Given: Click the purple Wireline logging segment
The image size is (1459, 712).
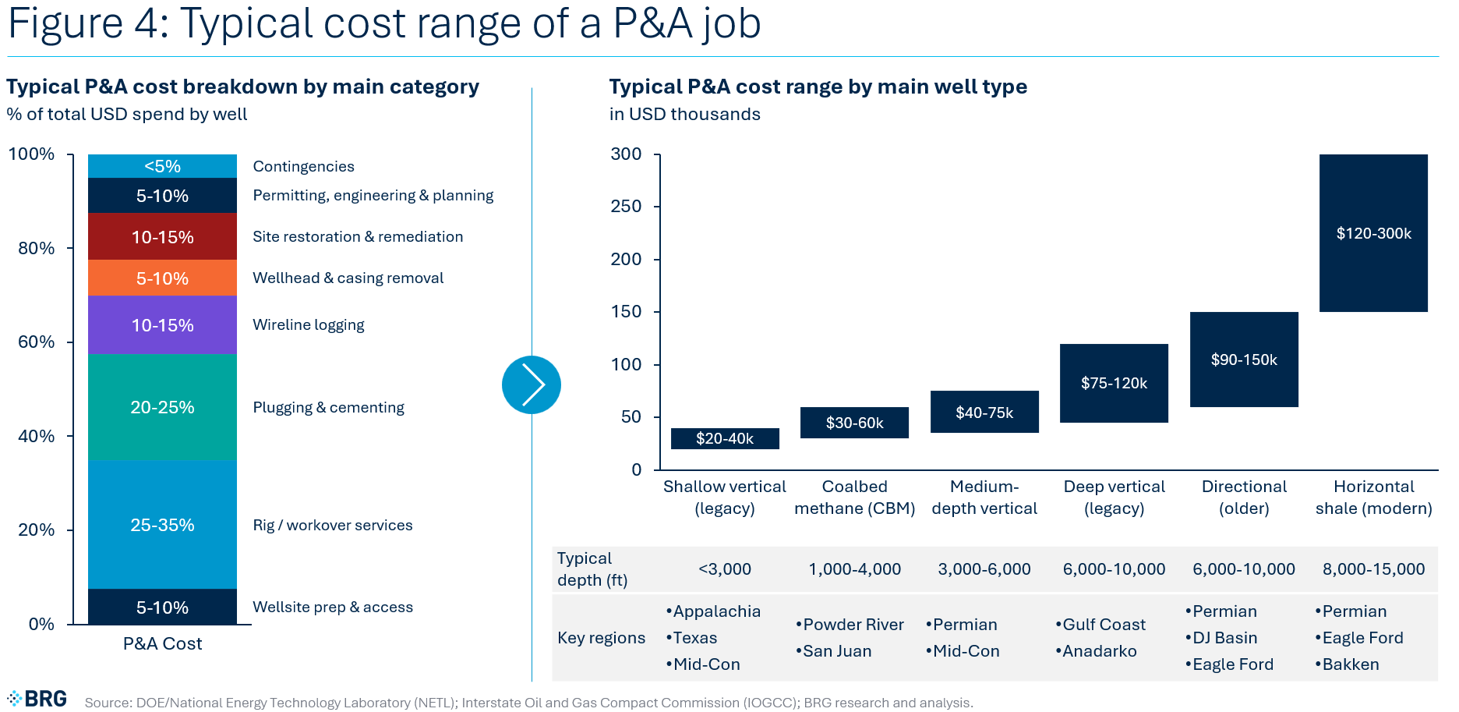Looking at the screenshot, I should (x=162, y=325).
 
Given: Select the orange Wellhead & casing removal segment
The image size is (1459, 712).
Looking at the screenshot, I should (x=162, y=278).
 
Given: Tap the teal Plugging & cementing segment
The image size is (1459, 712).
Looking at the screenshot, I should (x=162, y=407).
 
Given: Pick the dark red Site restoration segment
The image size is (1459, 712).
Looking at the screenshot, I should (x=162, y=237).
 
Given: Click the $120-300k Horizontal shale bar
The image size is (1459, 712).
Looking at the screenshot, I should (x=1373, y=233).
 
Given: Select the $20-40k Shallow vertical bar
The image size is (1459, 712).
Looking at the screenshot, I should (x=725, y=438).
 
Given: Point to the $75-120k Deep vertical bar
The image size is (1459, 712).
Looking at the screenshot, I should (x=1114, y=383).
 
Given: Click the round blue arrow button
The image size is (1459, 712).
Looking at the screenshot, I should (x=532, y=384).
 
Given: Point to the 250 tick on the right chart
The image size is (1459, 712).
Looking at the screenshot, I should (x=627, y=207).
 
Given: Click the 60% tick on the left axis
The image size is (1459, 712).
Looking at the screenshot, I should (x=37, y=342).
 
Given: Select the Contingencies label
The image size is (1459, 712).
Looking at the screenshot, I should (x=303, y=166).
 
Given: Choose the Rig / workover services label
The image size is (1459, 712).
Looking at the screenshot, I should (x=333, y=525).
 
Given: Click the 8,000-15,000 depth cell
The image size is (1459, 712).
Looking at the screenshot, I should (x=1373, y=569).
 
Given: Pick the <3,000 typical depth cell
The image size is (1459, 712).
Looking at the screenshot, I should (x=725, y=569).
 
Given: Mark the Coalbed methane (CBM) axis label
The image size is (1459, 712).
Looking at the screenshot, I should (x=854, y=498).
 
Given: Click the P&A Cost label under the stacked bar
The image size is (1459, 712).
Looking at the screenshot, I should (x=162, y=644).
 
